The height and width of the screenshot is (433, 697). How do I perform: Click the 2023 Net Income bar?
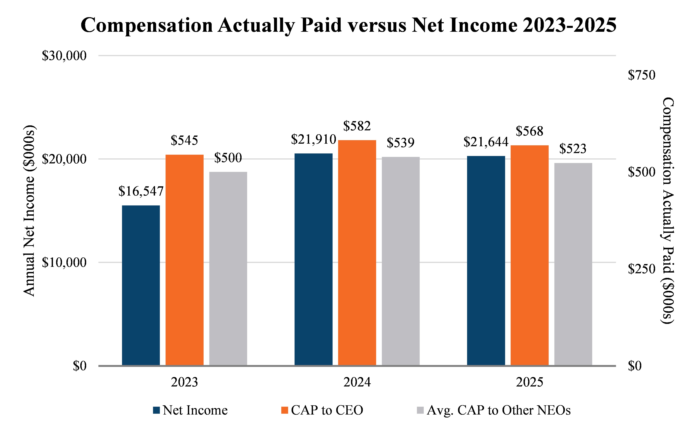coord(141,285)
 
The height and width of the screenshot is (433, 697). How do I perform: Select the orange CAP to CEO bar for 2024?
coord(357,253)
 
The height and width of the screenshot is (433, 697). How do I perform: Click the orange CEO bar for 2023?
coord(185,260)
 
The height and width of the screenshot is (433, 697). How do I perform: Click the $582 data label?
coord(357,126)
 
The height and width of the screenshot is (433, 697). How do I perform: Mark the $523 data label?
coord(573,149)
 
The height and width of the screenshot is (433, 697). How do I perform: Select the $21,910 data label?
coord(313,139)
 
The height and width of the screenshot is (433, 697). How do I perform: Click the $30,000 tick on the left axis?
coord(64,56)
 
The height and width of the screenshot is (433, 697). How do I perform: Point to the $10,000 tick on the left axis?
coord(64,263)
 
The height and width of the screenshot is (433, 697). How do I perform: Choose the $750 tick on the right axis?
coord(641,75)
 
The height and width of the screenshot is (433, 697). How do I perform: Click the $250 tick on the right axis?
coord(641,269)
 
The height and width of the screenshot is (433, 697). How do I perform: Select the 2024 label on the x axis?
coord(357,382)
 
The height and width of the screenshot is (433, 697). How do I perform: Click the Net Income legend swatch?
coord(156,410)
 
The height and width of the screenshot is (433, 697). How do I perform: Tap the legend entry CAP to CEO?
coord(322,410)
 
